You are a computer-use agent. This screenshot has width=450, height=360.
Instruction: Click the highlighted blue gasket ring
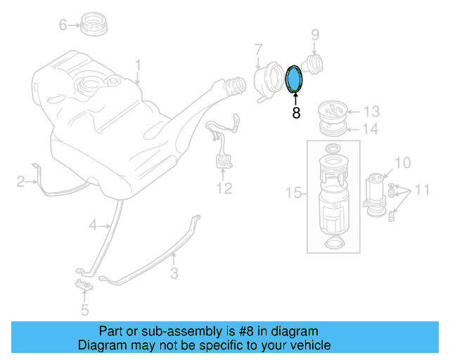tap(295, 78)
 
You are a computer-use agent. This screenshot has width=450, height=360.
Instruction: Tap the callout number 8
tap(296, 112)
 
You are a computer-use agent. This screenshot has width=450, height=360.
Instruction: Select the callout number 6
tap(63, 25)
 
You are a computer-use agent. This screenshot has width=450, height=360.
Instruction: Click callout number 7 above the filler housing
tap(258, 50)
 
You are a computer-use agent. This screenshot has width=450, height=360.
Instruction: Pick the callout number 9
tap(315, 34)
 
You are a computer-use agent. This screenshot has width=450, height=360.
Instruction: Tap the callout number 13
tap(371, 111)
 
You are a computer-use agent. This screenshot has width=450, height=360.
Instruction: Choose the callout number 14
tap(371, 129)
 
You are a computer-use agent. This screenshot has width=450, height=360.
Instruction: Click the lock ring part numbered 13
tap(333, 111)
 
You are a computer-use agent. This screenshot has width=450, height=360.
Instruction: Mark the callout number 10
tap(401, 163)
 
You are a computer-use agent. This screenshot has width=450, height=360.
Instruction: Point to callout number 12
tap(224, 188)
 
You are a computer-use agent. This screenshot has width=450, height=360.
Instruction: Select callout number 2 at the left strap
tap(21, 182)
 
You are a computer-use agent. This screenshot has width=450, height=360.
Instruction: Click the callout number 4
tap(92, 225)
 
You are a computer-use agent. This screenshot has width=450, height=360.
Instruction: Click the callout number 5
tap(84, 309)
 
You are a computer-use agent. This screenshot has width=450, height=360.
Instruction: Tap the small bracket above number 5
tap(84, 285)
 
